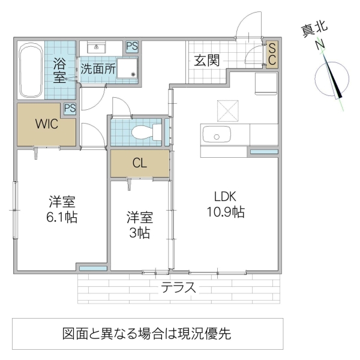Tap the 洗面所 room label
(x=98, y=68)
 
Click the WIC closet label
(x=46, y=125)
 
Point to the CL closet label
(x=140, y=163)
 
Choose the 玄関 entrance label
(x=206, y=60)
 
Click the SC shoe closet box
(x=272, y=55)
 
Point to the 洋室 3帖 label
(x=139, y=224)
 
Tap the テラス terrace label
(x=178, y=287)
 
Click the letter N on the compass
(x=320, y=44)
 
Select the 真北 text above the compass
(x=314, y=29)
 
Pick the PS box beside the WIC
(x=70, y=109)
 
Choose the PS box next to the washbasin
(x=131, y=46)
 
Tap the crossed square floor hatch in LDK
(x=228, y=110)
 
